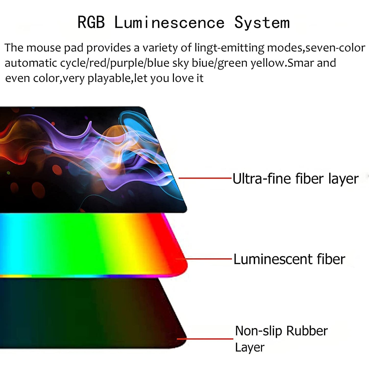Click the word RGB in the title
[x=91, y=22]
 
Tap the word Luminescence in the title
[x=169, y=22]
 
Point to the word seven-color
[x=335, y=48]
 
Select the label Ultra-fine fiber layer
[x=295, y=178]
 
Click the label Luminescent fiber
[x=289, y=259]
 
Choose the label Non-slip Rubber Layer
[x=281, y=339]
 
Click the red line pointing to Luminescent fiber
[x=208, y=259]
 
